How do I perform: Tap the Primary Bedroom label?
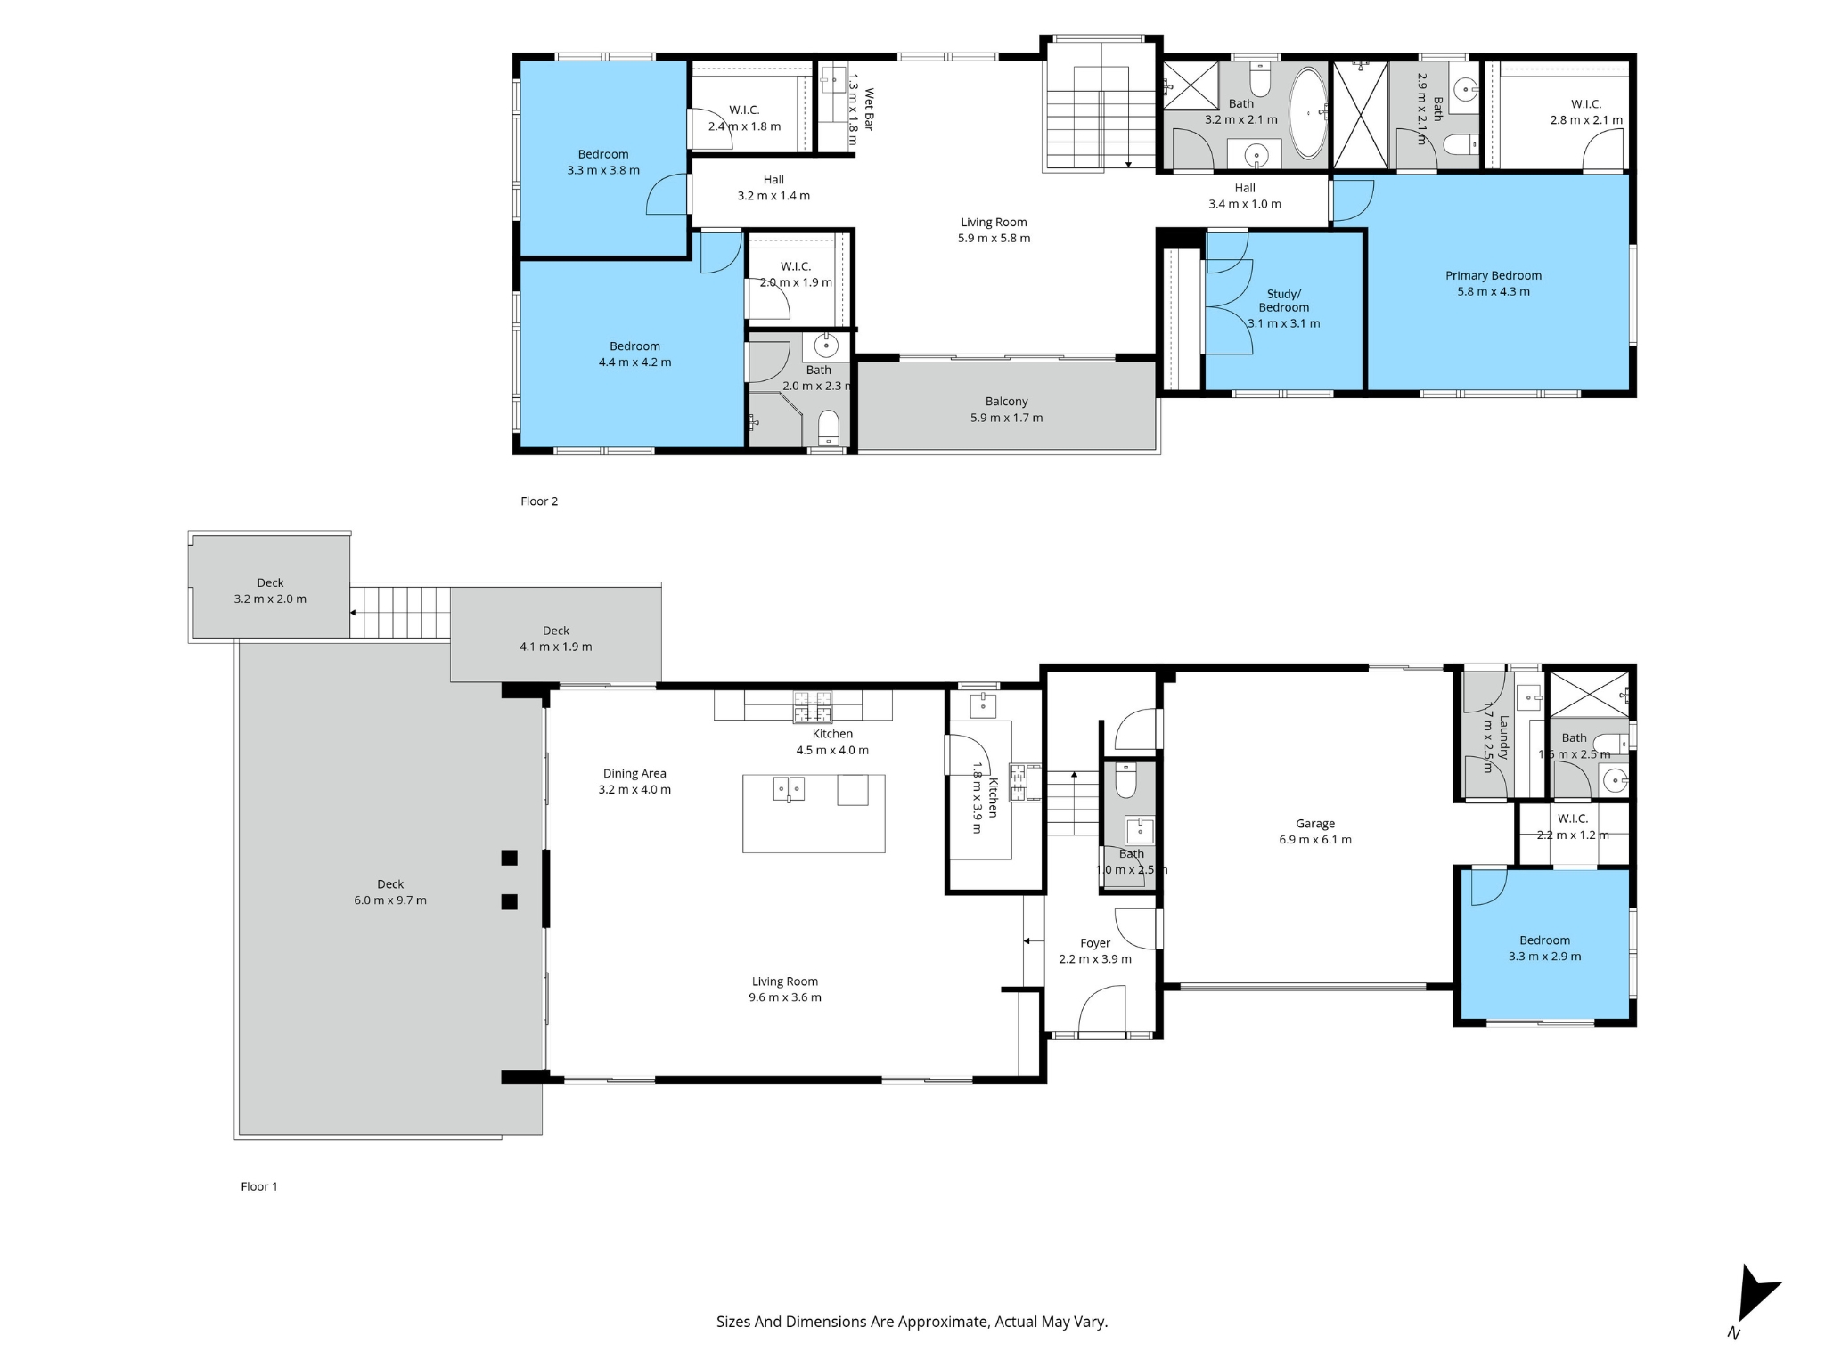click(1494, 276)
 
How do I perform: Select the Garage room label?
click(1315, 824)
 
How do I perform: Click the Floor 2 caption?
click(539, 501)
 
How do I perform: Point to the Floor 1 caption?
click(259, 1186)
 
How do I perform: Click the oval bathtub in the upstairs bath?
click(1308, 114)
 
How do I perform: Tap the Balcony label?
click(1007, 402)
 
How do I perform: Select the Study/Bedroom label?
click(1284, 301)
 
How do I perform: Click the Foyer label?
click(1095, 943)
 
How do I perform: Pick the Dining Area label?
click(634, 774)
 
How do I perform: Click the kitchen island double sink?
click(789, 789)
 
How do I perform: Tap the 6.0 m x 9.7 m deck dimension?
click(390, 900)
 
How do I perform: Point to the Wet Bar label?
click(869, 109)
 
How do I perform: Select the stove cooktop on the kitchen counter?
click(813, 706)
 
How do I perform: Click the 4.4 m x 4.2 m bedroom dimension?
click(635, 362)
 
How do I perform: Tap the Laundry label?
click(1504, 737)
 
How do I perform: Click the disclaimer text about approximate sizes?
click(912, 1322)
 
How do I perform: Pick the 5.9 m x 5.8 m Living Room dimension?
click(994, 239)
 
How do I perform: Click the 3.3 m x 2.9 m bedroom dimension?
click(1545, 957)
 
